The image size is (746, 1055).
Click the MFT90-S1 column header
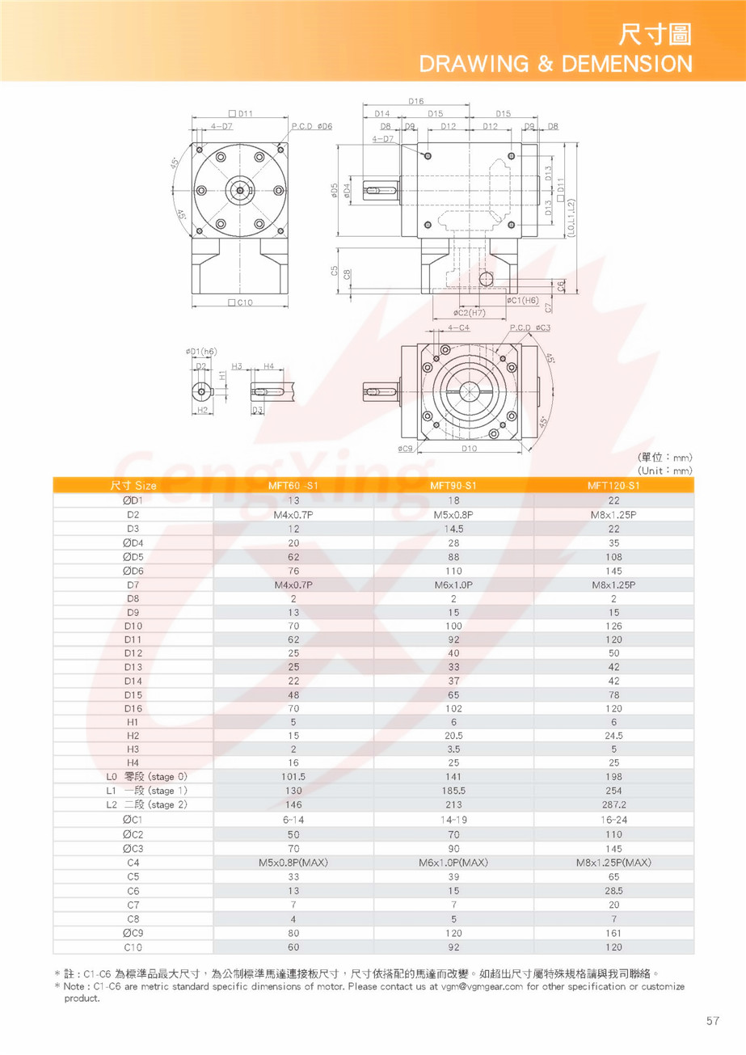point(453,486)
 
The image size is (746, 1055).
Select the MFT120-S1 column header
point(613,486)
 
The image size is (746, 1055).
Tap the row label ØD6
point(133,571)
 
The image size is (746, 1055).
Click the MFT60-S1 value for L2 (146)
point(293,804)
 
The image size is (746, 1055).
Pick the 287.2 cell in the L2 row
point(613,804)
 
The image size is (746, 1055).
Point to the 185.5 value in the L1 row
point(453,791)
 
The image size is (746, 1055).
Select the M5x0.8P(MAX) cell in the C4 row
point(293,863)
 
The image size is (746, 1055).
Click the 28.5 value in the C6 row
point(613,891)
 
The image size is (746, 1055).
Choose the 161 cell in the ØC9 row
point(613,933)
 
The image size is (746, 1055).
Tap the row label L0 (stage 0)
point(146,777)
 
